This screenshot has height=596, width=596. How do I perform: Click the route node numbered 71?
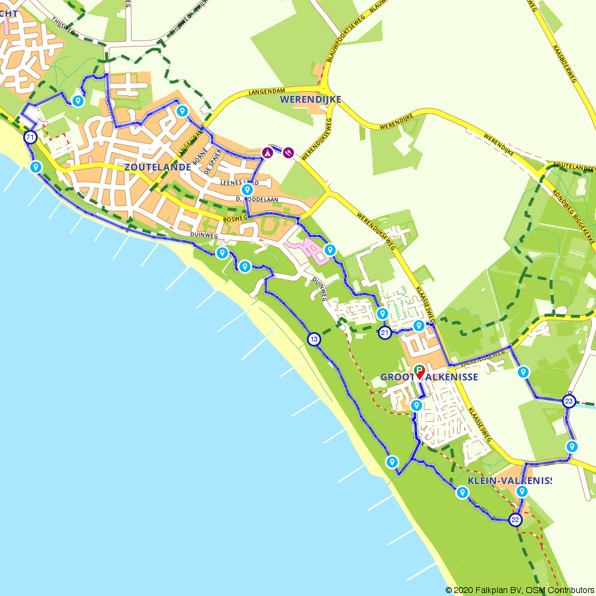30,138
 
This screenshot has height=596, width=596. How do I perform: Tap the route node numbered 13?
314,340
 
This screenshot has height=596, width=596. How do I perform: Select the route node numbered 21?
385,333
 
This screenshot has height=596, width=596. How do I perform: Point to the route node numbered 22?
516,520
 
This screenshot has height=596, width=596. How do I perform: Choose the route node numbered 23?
569,401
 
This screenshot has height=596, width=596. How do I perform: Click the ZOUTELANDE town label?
157,167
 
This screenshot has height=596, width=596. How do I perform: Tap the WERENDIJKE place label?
311,100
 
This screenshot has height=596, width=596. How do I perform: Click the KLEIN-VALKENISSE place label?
510,480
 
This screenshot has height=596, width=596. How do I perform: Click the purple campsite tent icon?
268,153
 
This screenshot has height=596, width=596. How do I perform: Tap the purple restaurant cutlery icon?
288,153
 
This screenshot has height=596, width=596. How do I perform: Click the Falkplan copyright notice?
519,590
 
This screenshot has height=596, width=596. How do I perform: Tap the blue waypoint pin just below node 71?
36,167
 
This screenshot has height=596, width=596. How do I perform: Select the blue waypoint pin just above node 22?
522,491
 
